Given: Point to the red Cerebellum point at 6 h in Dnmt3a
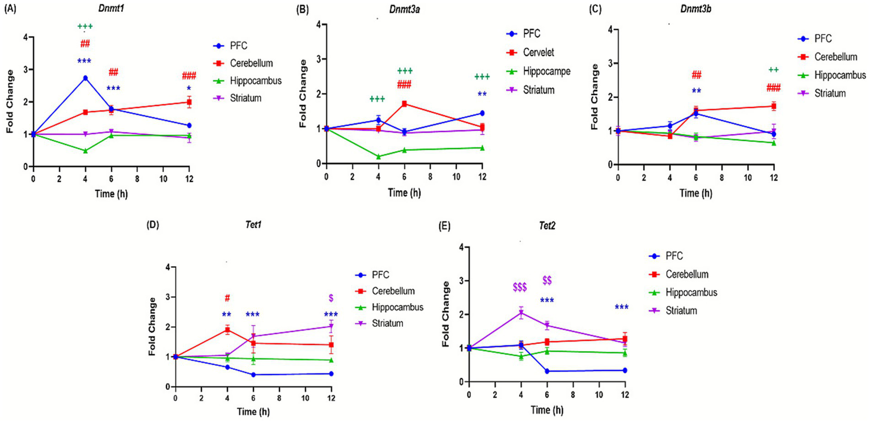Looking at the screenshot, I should click(x=404, y=104).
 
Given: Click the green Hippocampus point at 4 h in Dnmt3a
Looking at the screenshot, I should click(x=378, y=156).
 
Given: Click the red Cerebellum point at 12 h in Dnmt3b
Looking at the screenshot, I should click(x=773, y=106).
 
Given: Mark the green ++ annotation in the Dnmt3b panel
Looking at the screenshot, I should click(x=773, y=70).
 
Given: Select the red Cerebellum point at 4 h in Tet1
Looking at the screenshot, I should click(x=227, y=329).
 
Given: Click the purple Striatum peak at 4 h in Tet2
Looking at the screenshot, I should click(x=520, y=313).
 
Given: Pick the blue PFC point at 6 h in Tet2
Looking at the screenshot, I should click(x=546, y=371).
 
